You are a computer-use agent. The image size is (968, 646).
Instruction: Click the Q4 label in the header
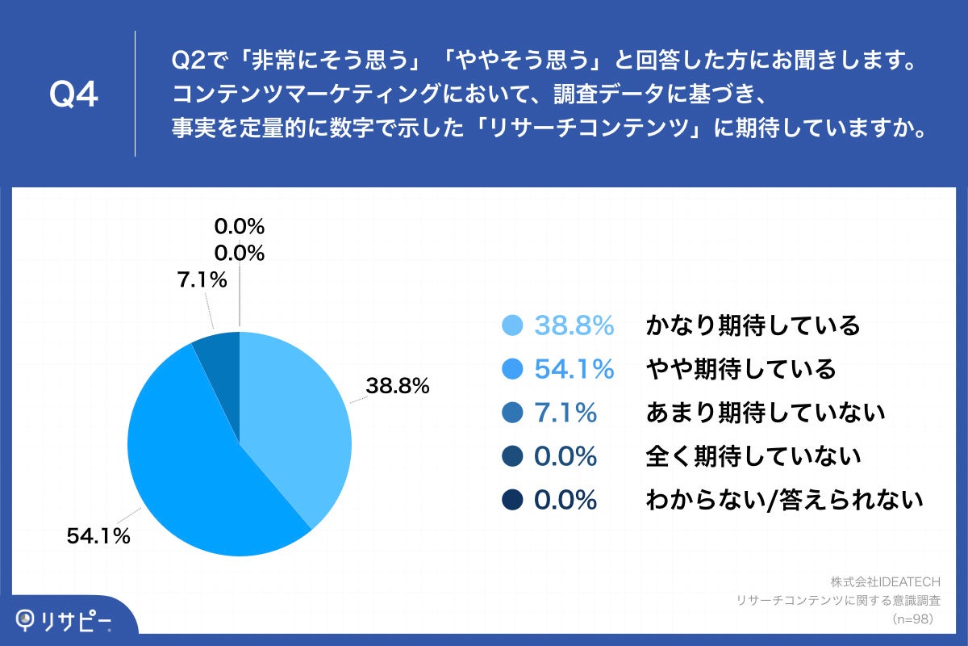coord(73,94)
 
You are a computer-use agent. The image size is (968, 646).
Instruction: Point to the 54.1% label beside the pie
coord(98,535)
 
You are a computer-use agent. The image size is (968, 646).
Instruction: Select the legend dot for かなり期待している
coord(512,326)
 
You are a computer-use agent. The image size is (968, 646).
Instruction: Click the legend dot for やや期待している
coord(512,369)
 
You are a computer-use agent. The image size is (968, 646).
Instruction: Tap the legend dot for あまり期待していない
coord(512,413)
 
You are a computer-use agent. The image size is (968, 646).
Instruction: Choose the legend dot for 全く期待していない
coord(512,456)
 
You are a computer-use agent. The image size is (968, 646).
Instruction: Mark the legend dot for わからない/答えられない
coord(512,500)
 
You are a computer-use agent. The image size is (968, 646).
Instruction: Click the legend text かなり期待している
coord(753,326)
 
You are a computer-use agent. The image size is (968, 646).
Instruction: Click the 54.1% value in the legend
coord(574,369)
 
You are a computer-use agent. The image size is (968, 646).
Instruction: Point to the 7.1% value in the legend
coord(565,413)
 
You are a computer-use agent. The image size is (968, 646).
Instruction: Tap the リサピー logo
coord(65,619)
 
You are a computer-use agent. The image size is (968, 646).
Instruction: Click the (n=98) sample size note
coord(912,619)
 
